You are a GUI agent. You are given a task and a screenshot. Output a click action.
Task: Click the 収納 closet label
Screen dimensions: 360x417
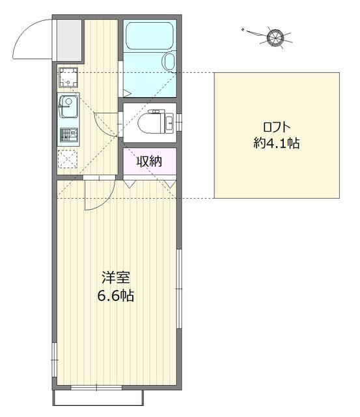pyautogui.click(x=149, y=161)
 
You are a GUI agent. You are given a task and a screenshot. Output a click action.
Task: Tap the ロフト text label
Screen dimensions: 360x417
pyautogui.click(x=277, y=127)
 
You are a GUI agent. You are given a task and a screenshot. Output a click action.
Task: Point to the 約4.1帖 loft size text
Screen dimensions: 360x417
pyautogui.click(x=277, y=143)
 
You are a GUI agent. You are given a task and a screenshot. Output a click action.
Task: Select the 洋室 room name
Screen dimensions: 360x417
pyautogui.click(x=116, y=278)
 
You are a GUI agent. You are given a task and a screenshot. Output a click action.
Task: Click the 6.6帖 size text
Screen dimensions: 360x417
pyautogui.click(x=116, y=295)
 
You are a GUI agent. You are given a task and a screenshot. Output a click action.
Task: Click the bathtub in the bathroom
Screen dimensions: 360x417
pyautogui.click(x=150, y=36)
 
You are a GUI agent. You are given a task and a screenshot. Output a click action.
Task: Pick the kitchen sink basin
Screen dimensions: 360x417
pyautogui.click(x=68, y=106)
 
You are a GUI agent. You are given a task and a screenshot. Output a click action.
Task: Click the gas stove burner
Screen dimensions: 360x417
pyautogui.click(x=69, y=135)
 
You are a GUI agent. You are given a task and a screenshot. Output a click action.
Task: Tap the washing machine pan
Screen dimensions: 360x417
pyautogui.click(x=68, y=77)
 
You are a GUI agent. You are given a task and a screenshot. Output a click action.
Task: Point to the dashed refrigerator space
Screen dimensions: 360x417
pyautogui.click(x=68, y=159)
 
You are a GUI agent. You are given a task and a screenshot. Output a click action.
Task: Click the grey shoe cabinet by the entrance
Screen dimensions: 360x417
pyautogui.click(x=70, y=40)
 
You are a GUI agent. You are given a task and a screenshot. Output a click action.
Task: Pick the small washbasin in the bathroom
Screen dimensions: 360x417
pyautogui.click(x=169, y=61)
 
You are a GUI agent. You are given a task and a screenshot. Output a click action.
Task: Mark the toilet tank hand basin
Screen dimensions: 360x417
pyautogui.click(x=169, y=123)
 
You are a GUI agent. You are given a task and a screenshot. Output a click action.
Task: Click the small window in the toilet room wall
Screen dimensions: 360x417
pyautogui.click(x=179, y=122)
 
